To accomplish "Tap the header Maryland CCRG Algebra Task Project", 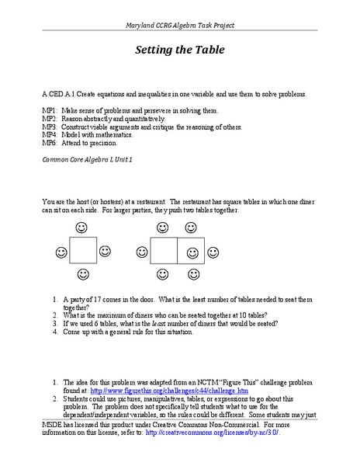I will click(180, 26).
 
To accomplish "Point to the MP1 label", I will click(50, 112).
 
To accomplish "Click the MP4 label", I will click(50, 135).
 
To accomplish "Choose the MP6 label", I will click(50, 143).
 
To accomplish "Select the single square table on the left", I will click(82, 252).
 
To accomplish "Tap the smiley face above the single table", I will click(82, 228).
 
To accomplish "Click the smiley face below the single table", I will click(82, 275).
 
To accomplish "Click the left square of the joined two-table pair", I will click(164, 252).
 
